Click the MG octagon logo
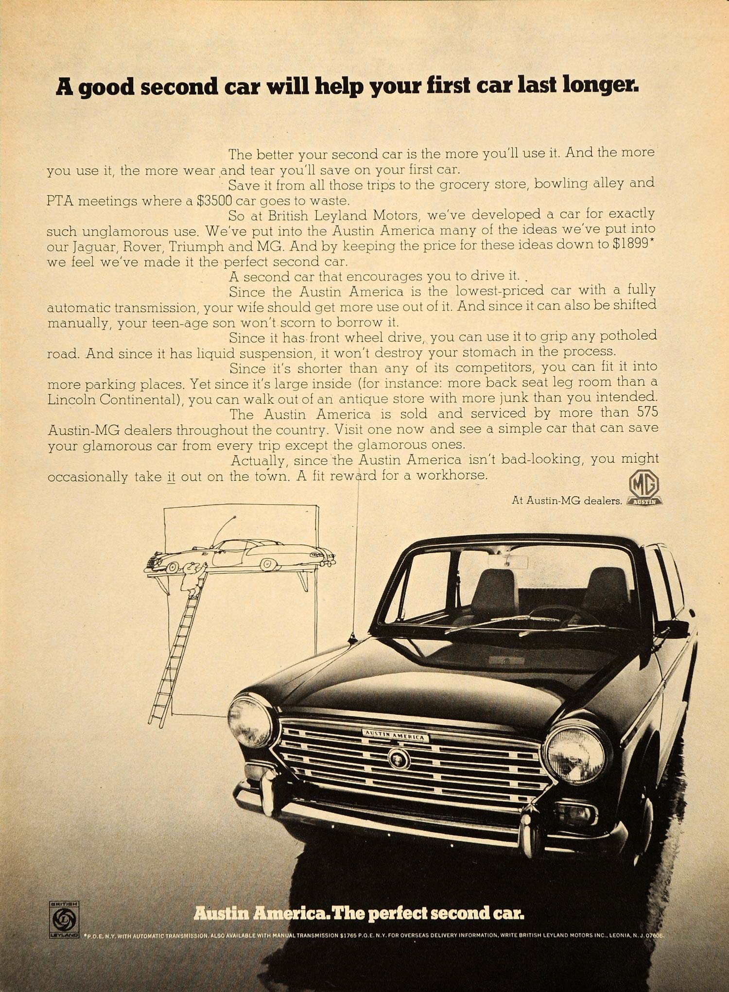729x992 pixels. pyautogui.click(x=644, y=484)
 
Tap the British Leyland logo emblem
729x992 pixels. pyautogui.click(x=64, y=920)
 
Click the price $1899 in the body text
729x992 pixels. pyautogui.click(x=630, y=244)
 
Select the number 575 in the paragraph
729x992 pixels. pyautogui.click(x=645, y=412)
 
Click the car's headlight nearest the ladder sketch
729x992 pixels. pyautogui.click(x=251, y=722)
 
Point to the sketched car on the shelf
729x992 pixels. pyautogui.click(x=241, y=555)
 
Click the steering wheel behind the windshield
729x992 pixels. pyautogui.click(x=559, y=613)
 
